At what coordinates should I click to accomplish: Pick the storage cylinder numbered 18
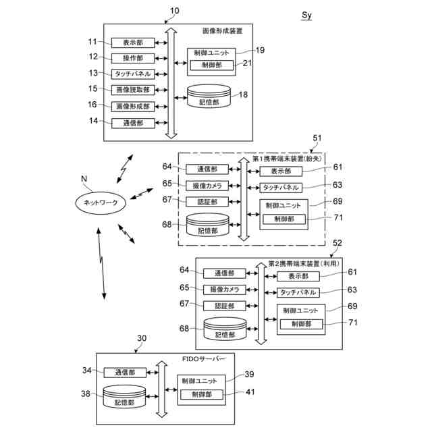point(209,96)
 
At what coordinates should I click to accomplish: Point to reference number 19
point(260,50)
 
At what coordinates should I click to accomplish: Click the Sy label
point(306,16)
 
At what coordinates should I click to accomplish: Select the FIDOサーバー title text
point(204,359)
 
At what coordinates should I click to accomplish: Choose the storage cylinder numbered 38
point(124,397)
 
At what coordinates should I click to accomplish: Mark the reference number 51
point(317,138)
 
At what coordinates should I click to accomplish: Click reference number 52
point(337,243)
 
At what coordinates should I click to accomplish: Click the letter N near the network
point(84,179)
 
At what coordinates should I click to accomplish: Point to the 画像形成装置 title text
point(223,31)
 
